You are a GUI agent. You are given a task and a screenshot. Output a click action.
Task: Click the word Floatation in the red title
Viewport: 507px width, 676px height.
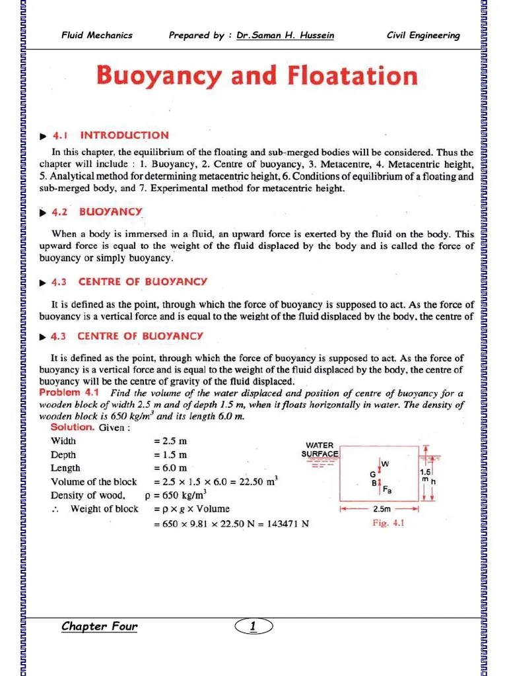(352, 75)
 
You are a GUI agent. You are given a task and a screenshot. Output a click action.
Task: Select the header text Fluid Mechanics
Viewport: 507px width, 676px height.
(97, 36)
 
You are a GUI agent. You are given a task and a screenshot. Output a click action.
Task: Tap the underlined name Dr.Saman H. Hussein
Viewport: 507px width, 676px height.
(285, 36)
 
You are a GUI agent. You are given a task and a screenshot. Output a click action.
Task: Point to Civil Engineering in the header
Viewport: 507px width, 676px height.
(423, 36)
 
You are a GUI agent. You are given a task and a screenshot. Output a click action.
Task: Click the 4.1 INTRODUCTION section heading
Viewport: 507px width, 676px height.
(124, 135)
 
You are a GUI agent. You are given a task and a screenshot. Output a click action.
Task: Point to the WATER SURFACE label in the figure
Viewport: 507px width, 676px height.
(320, 450)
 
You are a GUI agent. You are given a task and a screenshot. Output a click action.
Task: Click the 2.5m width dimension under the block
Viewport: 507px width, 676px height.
(380, 510)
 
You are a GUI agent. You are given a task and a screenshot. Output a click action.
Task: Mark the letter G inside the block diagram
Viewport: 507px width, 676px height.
(373, 474)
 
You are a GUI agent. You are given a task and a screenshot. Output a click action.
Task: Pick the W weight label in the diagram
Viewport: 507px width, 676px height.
(385, 464)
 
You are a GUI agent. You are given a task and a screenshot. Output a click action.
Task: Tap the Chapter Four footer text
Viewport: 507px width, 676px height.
(99, 626)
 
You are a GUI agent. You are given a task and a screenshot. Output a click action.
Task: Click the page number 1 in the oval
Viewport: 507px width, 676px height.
(253, 626)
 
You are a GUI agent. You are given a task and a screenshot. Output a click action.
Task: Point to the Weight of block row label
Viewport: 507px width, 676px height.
(104, 509)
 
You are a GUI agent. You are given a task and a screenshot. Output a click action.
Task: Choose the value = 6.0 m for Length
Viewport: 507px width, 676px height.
(170, 468)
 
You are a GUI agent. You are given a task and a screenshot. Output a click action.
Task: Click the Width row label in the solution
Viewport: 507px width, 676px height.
(63, 441)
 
